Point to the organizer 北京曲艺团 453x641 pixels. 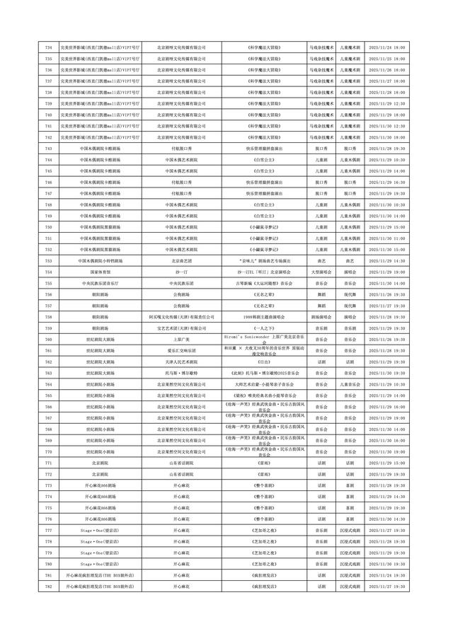180,261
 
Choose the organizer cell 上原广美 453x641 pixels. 180,340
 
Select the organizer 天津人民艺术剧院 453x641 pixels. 180,362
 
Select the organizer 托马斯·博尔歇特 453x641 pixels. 180,373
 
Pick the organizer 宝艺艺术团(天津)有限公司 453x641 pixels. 180,328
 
